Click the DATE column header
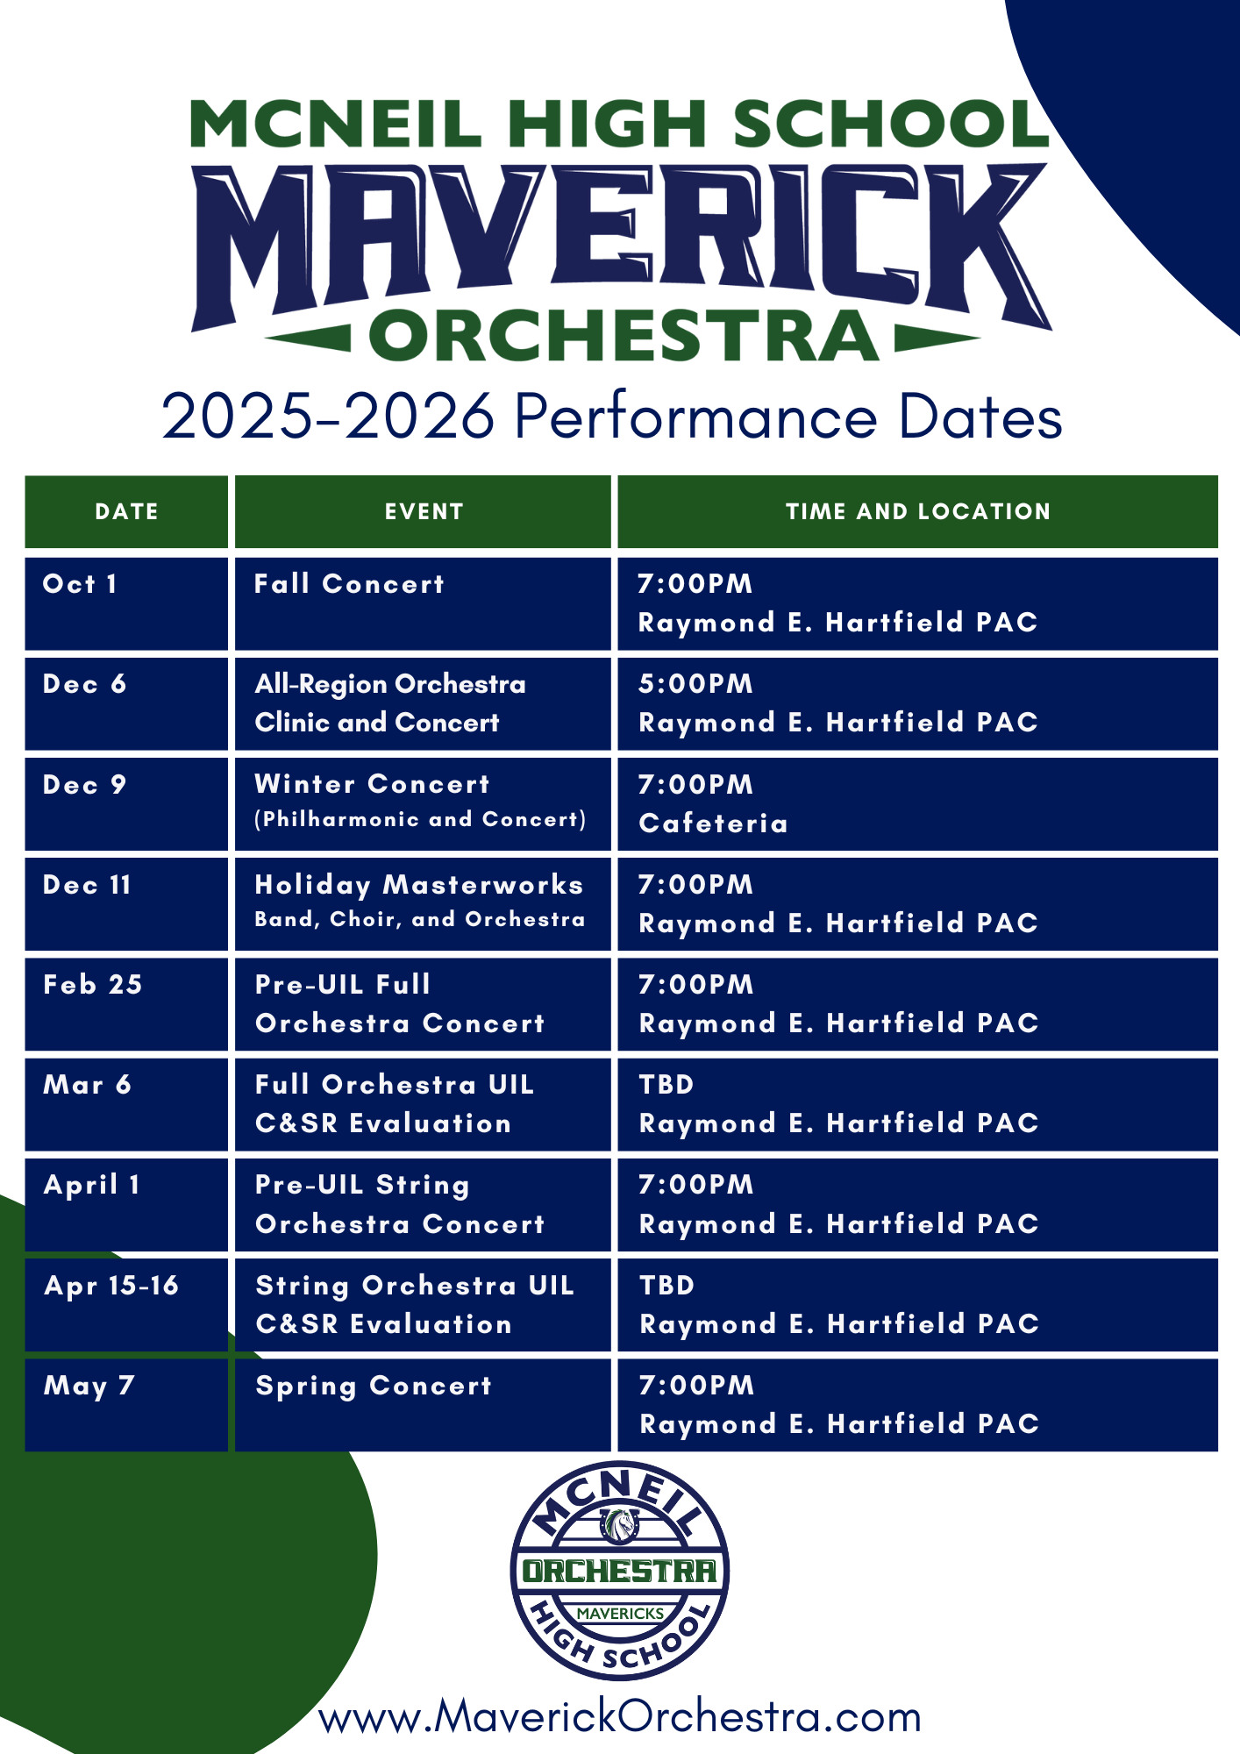126,511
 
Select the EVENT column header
424,511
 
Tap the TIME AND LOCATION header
917,511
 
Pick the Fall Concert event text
349,584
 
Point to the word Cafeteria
713,823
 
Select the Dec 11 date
87,885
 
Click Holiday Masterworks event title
418,885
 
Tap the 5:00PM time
695,684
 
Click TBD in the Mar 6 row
666,1085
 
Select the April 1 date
91,1186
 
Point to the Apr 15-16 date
110,1286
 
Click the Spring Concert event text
374,1387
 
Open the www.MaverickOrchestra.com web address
620,1716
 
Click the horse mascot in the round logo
620,1525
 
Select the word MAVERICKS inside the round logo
620,1613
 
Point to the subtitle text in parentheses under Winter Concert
420,819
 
